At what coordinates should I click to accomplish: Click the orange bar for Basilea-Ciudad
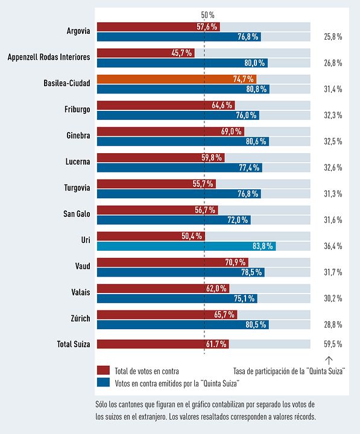click(x=177, y=79)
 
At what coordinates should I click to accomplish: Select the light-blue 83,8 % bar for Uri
click(x=186, y=246)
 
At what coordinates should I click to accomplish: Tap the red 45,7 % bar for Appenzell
click(x=146, y=53)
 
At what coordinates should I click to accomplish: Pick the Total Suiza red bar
click(x=163, y=344)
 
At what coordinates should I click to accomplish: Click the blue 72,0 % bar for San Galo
click(x=174, y=220)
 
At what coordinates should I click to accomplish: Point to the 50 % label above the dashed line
click(x=207, y=15)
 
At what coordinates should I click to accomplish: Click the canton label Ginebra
click(x=78, y=136)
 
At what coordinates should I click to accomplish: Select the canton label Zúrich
click(x=81, y=318)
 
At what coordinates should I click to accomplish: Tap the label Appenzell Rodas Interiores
click(x=49, y=57)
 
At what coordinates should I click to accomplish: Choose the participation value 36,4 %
click(x=333, y=246)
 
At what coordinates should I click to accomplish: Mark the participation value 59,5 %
click(x=333, y=344)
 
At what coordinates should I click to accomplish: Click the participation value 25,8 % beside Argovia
click(x=333, y=37)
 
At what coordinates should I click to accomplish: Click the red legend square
click(x=103, y=370)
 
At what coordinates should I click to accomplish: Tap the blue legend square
click(x=103, y=383)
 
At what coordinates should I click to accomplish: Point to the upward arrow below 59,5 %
click(x=329, y=360)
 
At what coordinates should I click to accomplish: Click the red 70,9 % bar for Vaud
click(x=172, y=262)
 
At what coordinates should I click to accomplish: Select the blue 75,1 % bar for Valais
click(x=177, y=298)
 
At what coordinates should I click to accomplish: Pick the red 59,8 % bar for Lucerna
click(x=161, y=158)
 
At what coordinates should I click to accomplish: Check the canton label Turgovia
click(x=77, y=187)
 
